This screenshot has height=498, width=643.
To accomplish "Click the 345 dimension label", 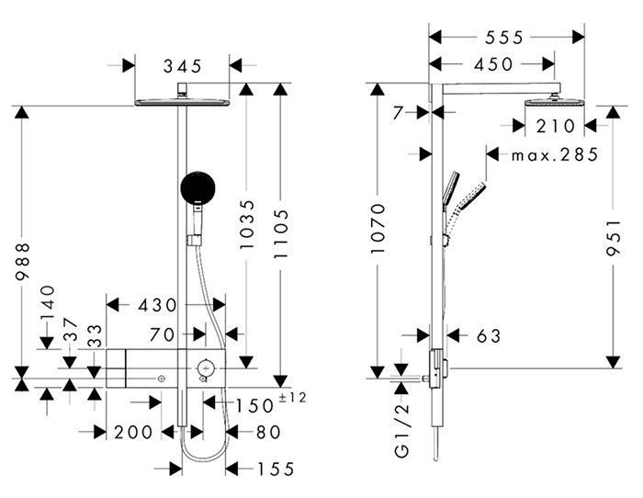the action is coord(183,65).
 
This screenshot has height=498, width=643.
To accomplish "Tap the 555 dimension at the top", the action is coord(504,38).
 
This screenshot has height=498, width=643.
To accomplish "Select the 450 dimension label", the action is coord(493,64).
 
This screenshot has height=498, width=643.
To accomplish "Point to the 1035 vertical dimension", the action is coord(247,224).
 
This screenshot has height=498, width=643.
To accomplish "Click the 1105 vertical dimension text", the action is coord(281,233).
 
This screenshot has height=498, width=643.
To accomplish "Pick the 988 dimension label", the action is coord(22,261).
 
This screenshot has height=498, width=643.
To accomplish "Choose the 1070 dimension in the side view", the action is coord(378,228).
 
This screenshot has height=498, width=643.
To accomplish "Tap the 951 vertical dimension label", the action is coord(614,238).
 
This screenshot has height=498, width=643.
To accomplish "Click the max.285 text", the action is coord(555,155).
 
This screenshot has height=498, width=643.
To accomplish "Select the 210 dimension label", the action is coord(556,126).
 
